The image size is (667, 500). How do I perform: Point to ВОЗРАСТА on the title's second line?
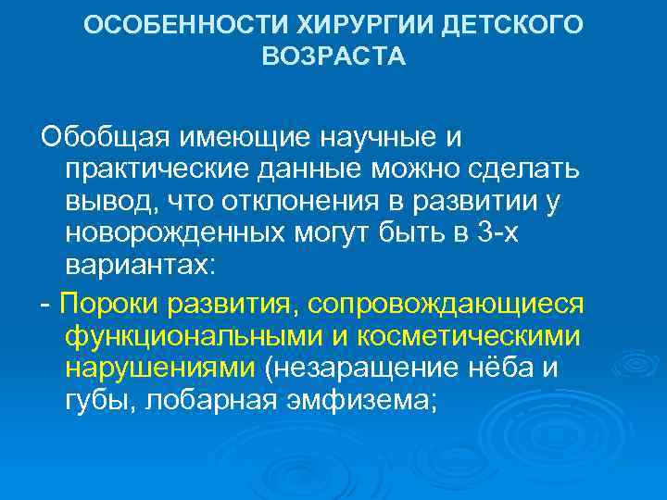(333, 57)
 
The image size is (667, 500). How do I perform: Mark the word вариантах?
(140, 266)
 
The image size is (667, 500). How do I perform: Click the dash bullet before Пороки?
(45, 305)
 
